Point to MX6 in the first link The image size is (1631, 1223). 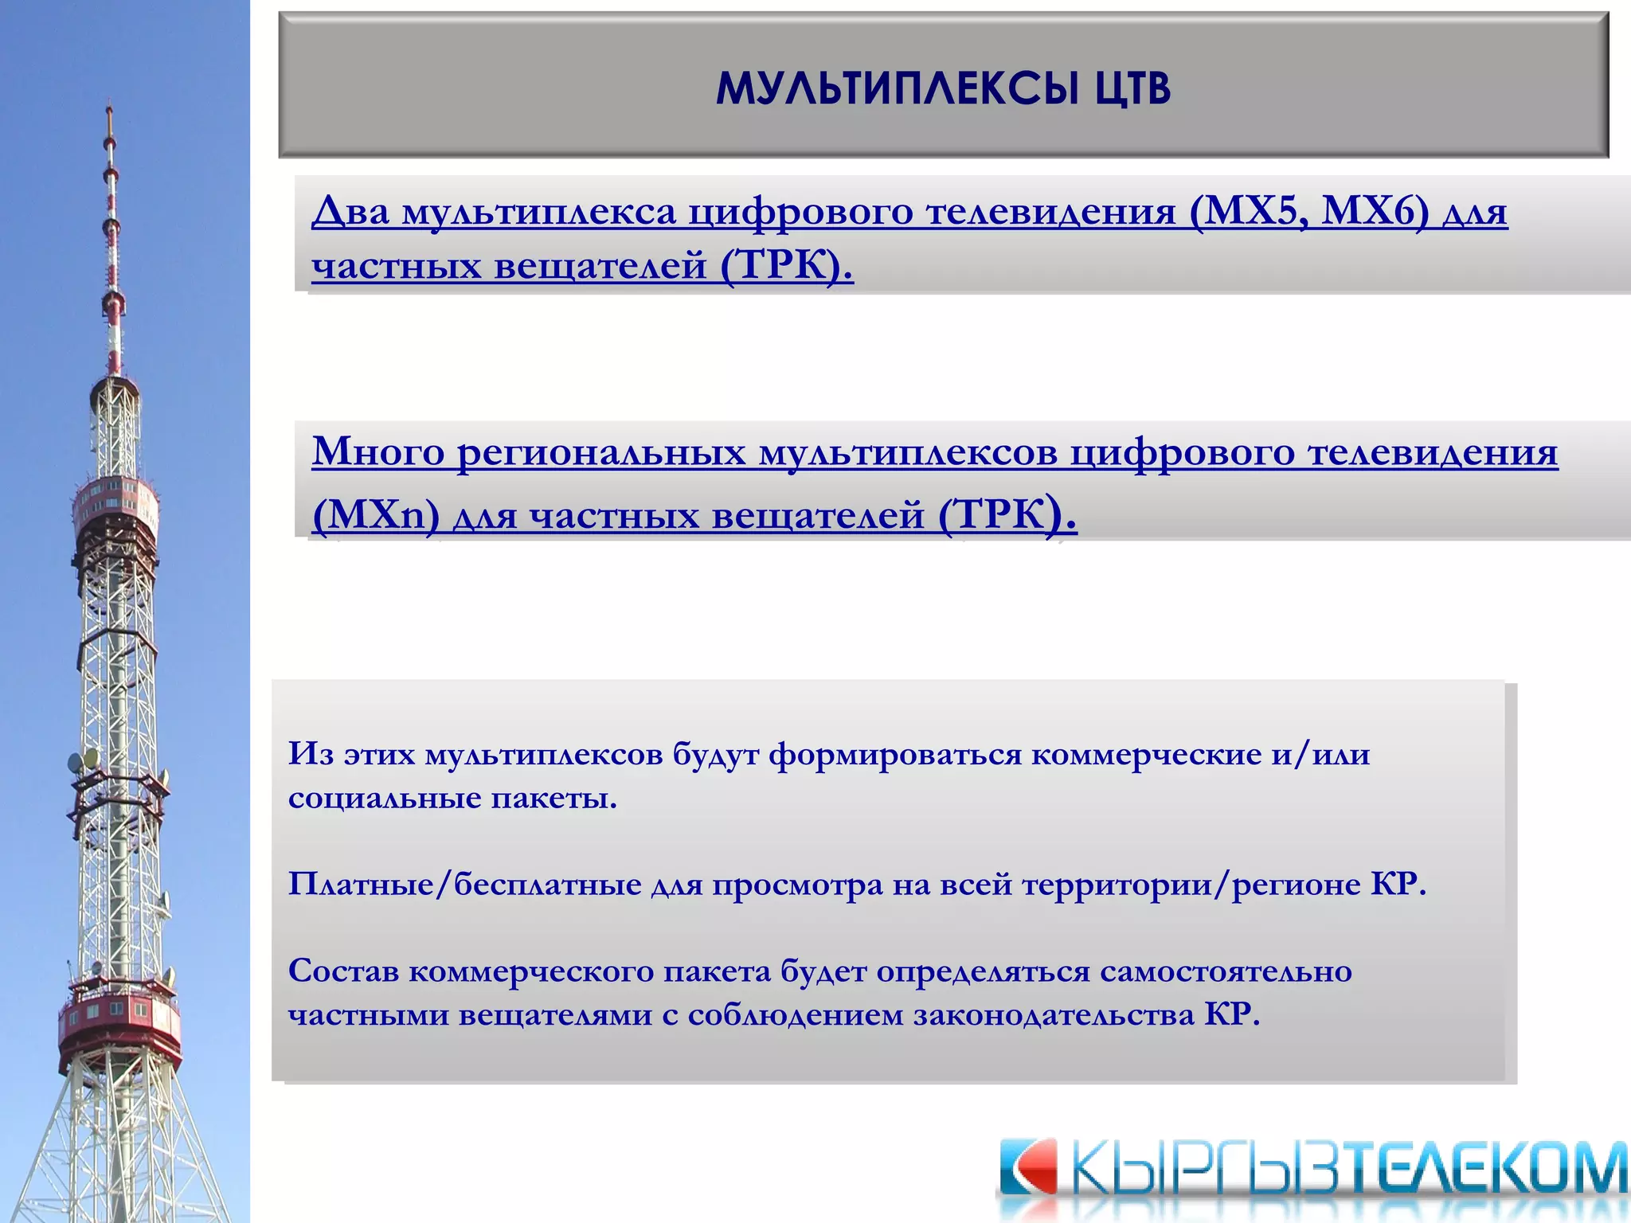tap(1375, 212)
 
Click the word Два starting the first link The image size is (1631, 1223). tap(350, 212)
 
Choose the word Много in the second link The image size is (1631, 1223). tap(378, 451)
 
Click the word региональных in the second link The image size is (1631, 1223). tap(601, 453)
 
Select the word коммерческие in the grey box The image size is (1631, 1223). tap(1146, 754)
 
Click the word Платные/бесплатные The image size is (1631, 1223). tap(464, 885)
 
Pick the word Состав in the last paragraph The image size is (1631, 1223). tap(343, 971)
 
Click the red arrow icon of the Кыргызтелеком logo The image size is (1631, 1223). tap(1029, 1168)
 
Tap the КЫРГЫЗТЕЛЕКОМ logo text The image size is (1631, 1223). tap(1346, 1170)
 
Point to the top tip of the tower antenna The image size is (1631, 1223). tap(109, 107)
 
